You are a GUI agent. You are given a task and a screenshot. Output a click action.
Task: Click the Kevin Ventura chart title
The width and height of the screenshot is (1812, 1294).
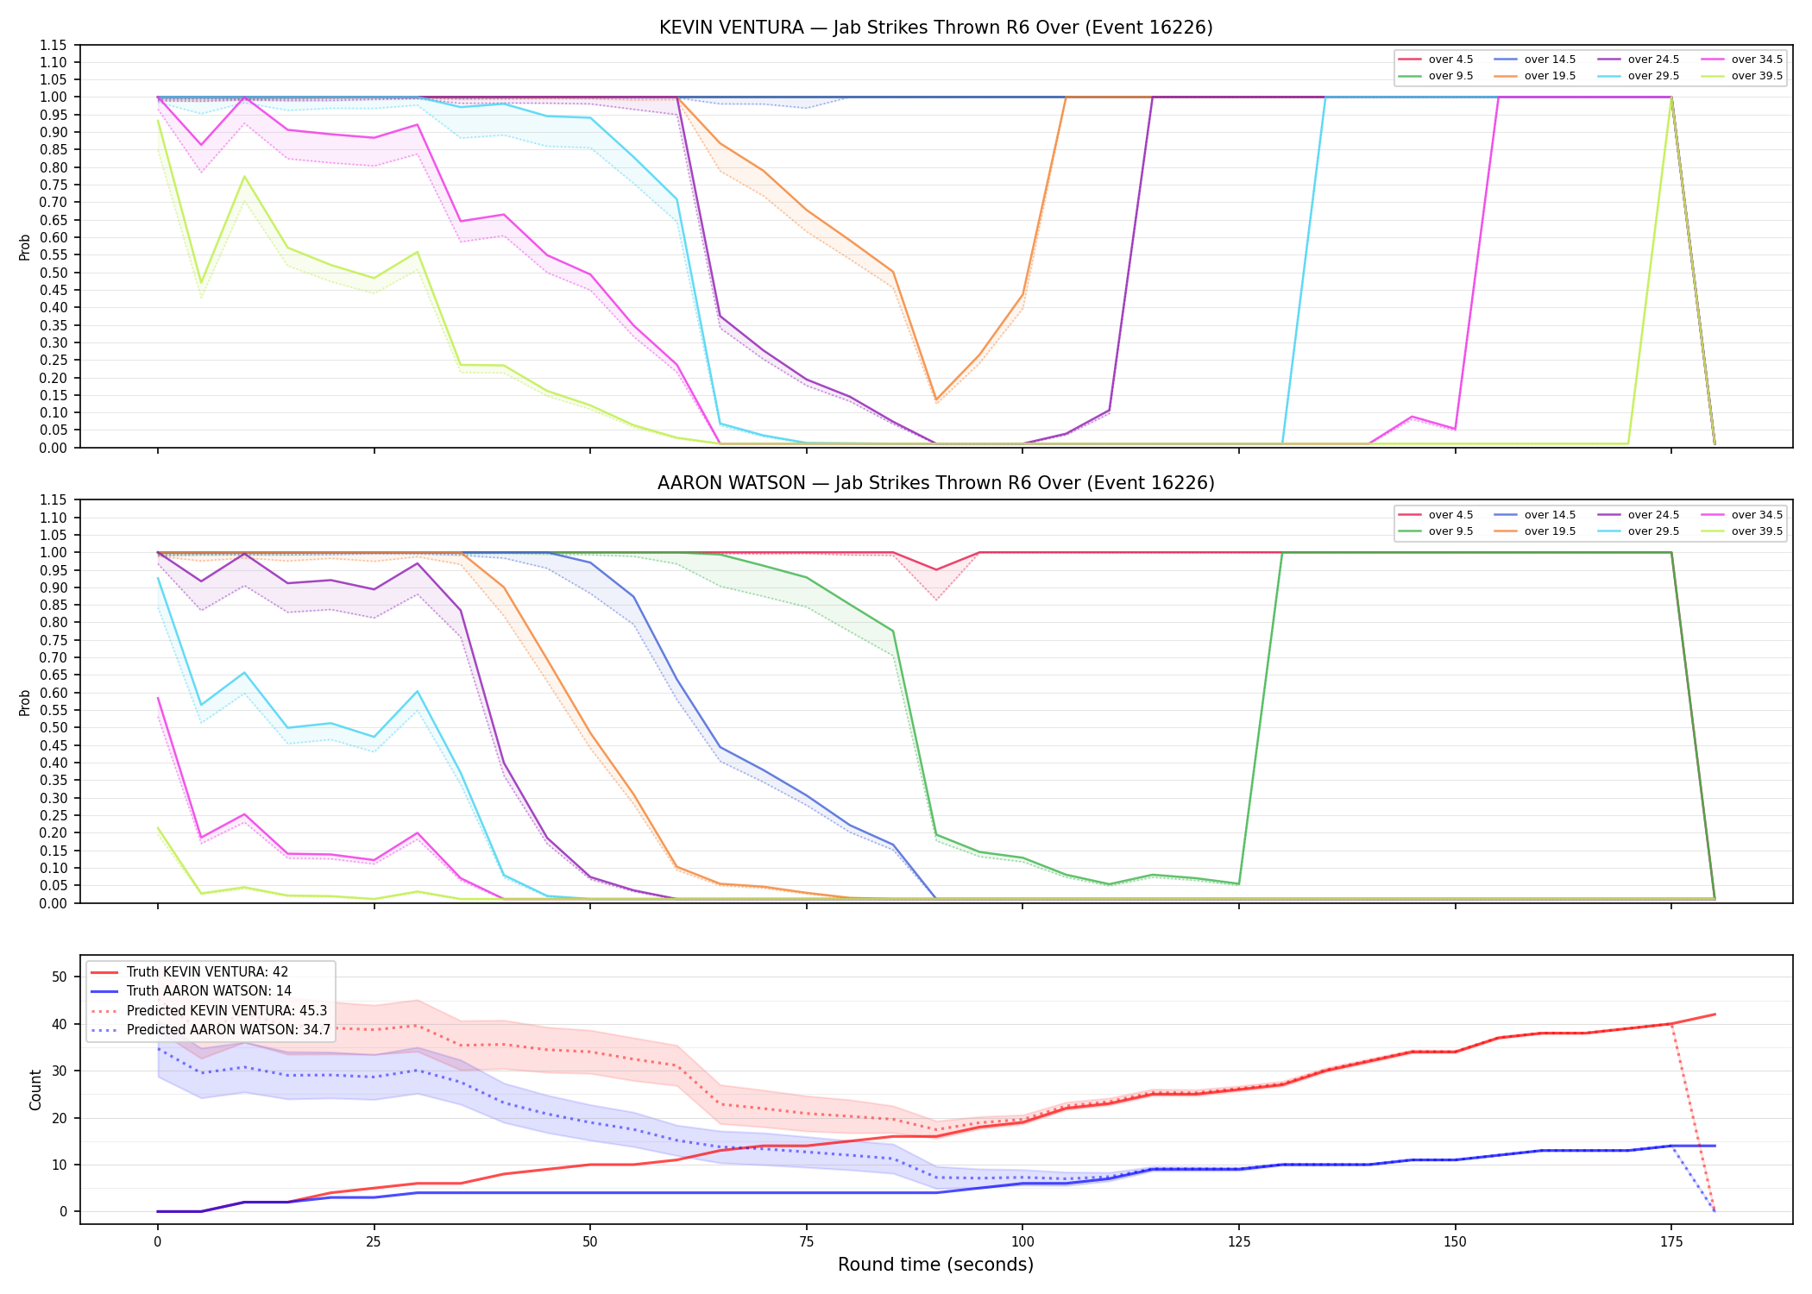click(935, 28)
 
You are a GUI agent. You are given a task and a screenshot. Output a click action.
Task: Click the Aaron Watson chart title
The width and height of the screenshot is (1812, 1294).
click(935, 483)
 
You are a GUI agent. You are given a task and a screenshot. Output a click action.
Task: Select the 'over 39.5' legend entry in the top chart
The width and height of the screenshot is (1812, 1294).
click(1742, 76)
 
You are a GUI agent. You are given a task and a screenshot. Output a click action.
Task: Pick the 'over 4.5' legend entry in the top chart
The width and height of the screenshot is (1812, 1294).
click(1436, 60)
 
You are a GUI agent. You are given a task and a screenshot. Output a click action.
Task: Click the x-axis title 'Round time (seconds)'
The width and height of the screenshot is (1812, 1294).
click(935, 1265)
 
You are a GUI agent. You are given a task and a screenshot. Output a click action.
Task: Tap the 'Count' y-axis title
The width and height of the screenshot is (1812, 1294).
click(35, 1090)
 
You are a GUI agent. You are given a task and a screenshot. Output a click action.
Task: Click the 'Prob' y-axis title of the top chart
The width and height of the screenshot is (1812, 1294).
click(25, 247)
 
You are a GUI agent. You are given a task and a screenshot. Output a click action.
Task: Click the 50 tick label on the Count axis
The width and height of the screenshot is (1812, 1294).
click(60, 977)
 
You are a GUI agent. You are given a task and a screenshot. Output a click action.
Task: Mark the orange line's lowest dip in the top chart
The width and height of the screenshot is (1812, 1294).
click(936, 399)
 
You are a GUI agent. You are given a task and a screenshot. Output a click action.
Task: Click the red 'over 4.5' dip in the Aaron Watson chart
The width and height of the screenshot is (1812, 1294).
click(936, 569)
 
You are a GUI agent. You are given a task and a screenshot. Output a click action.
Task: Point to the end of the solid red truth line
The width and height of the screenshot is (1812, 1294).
click(1714, 1014)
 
